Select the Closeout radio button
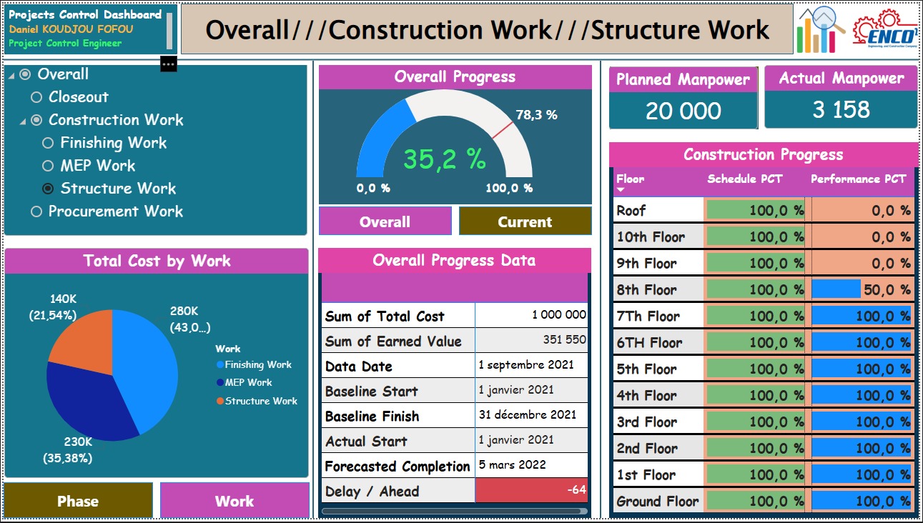pyautogui.click(x=36, y=97)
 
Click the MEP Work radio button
pyautogui.click(x=48, y=166)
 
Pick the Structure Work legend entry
pyautogui.click(x=257, y=401)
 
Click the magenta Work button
pyautogui.click(x=235, y=501)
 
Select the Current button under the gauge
pyautogui.click(x=525, y=221)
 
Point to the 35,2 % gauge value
pyautogui.click(x=445, y=159)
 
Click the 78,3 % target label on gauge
pyautogui.click(x=536, y=115)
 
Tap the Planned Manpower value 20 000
pyautogui.click(x=683, y=111)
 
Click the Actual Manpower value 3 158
pyautogui.click(x=841, y=109)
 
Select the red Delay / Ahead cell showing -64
pyautogui.click(x=531, y=490)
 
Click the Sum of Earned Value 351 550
pyautogui.click(x=564, y=340)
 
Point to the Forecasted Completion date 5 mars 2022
pyautogui.click(x=512, y=465)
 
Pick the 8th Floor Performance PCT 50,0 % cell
pyautogui.click(x=863, y=289)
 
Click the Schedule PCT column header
pyautogui.click(x=744, y=179)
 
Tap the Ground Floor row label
pyautogui.click(x=658, y=501)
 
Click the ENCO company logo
pyautogui.click(x=885, y=29)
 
